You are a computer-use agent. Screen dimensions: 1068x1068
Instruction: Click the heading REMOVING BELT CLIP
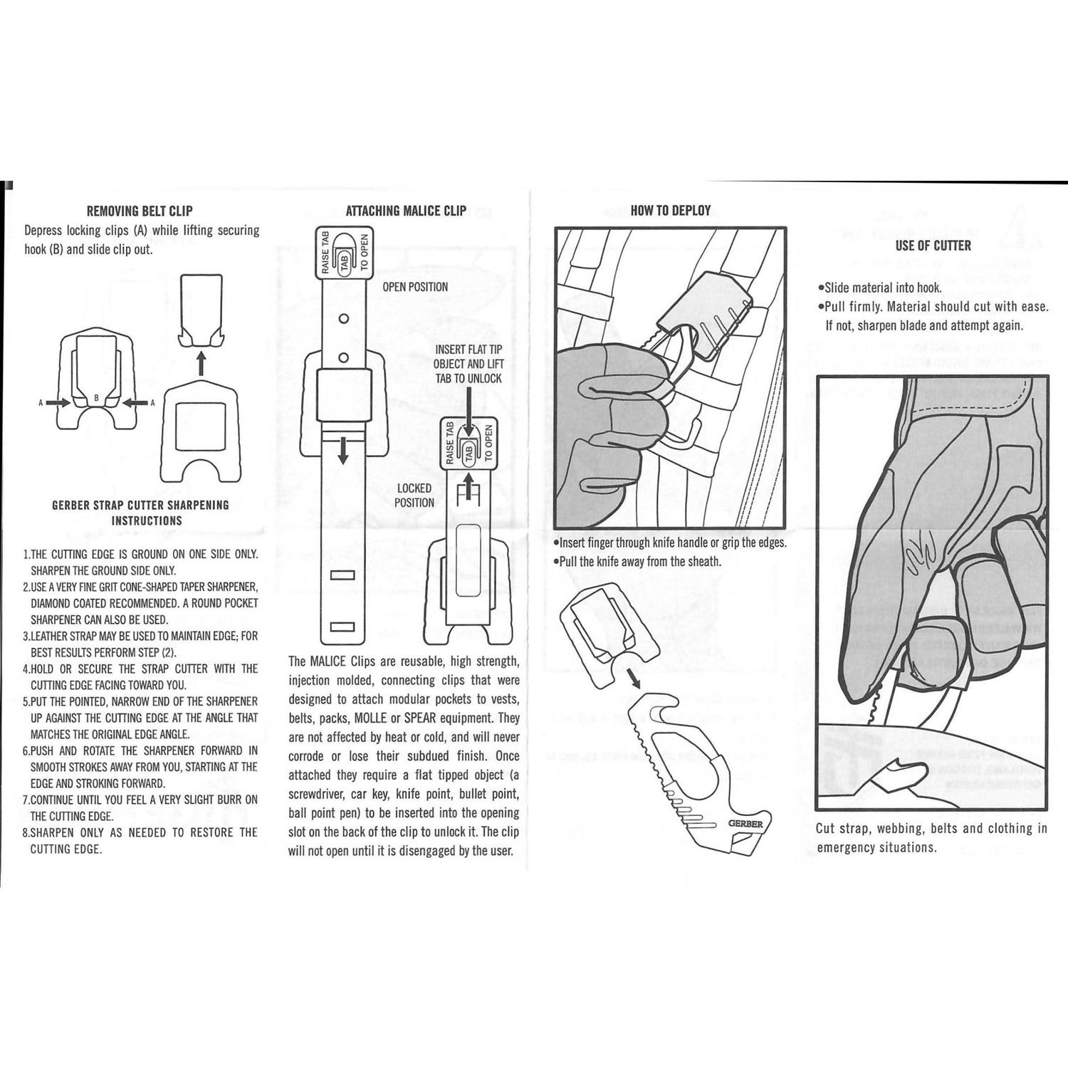139,211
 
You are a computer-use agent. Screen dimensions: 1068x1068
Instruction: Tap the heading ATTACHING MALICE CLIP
406,211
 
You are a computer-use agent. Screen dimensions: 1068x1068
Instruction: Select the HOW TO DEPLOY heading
670,210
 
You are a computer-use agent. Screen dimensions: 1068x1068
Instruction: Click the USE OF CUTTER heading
933,246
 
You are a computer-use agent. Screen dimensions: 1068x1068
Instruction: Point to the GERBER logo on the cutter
745,824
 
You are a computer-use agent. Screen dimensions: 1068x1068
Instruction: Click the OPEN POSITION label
415,287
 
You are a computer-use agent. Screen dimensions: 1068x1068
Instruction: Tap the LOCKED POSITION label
414,495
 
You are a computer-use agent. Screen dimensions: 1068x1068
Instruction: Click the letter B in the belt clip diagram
96,398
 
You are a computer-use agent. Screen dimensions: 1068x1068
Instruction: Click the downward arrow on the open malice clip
343,451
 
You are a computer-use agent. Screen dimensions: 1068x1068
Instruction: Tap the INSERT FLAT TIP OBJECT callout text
468,364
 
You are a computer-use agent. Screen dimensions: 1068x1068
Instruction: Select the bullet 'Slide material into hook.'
879,288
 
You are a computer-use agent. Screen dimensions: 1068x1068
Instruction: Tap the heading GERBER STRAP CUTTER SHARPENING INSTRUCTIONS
140,513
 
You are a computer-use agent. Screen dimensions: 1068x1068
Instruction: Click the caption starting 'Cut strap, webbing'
931,837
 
